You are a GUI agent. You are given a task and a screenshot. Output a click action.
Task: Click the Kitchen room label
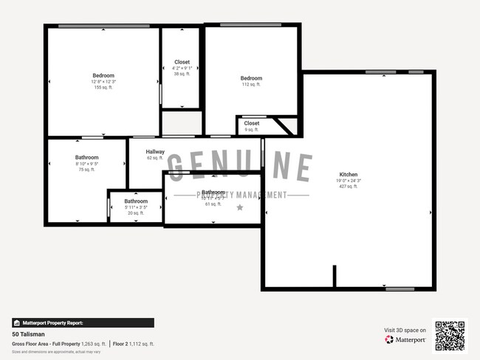347,175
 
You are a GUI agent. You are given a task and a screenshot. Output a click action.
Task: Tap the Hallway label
155,152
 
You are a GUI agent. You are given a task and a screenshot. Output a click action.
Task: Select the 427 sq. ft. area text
347,187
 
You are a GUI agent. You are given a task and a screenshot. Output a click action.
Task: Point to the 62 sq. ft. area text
154,158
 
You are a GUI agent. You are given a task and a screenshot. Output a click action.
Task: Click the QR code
450,336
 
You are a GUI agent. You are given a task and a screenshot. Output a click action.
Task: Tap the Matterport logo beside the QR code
405,340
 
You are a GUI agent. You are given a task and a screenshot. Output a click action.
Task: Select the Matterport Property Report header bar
83,322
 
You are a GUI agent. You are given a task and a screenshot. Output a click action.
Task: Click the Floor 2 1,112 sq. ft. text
134,344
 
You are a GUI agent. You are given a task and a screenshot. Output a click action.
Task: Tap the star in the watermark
239,208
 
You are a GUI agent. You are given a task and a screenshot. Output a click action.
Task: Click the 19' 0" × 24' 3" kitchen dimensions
347,181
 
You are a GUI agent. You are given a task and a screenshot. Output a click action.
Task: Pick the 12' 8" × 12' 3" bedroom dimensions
103,81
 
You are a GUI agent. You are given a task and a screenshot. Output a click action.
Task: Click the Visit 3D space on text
405,330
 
